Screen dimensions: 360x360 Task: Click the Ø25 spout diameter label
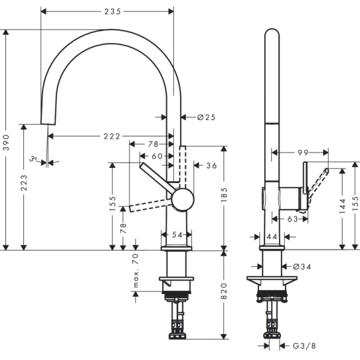(206, 117)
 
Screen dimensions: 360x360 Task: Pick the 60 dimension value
(157, 156)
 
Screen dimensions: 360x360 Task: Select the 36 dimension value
(211, 166)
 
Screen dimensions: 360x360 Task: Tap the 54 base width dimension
(177, 235)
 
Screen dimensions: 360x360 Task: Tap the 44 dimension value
(271, 237)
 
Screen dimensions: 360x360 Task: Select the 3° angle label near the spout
(35, 160)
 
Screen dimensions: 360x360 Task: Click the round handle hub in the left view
(182, 199)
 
